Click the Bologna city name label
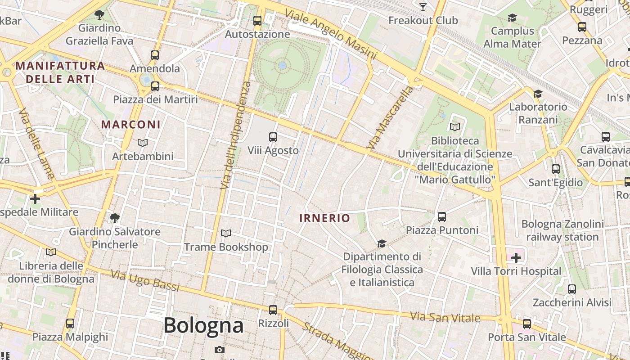203,325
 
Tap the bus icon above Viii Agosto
273,137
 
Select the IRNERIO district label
324,218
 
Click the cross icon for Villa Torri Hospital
516,258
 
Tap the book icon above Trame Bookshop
225,233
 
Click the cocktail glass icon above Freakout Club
423,7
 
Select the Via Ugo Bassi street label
145,281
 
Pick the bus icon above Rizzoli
273,310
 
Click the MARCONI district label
130,124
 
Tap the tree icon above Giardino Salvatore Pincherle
115,218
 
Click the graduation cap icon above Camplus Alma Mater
512,18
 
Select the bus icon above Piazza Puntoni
442,217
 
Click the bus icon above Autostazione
257,20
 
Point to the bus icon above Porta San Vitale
527,324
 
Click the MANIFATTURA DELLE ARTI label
60,72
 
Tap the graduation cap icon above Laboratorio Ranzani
538,94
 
